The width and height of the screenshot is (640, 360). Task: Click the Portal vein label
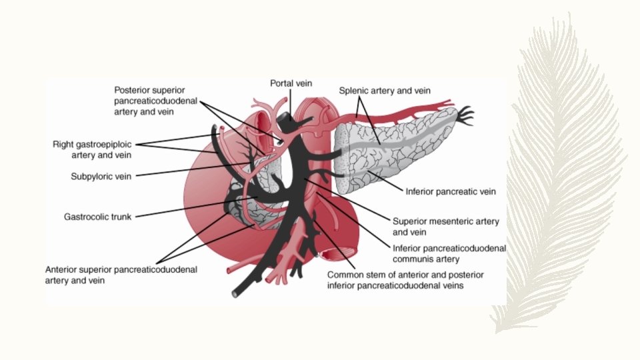[290, 83]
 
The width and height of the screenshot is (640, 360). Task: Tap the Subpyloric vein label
[101, 177]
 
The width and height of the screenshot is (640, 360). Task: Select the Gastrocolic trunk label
[98, 217]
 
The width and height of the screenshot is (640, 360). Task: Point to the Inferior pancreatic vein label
[451, 191]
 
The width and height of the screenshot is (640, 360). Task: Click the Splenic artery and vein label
[385, 90]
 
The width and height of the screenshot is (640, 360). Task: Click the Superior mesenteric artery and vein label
[445, 227]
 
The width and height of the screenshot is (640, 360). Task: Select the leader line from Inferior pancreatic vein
[383, 181]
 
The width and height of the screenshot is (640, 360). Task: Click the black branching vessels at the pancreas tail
[465, 115]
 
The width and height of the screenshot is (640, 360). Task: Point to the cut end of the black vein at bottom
[235, 293]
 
